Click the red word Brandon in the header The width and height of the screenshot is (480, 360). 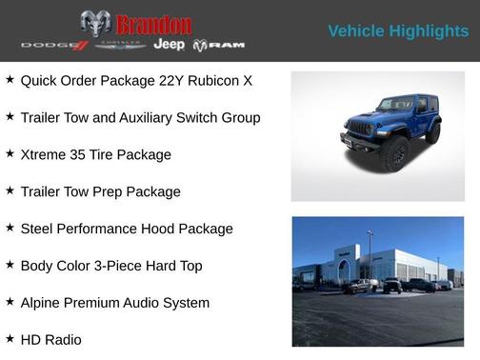pos(153,24)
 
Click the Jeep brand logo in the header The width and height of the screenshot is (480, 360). pos(169,45)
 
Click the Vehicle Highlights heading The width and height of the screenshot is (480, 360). pos(398,31)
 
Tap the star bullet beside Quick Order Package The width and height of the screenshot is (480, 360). pos(10,80)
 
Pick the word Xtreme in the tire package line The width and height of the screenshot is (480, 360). pos(44,154)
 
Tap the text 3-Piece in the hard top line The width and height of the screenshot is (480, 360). pos(127,266)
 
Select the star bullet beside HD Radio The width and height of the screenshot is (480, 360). pos(10,339)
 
